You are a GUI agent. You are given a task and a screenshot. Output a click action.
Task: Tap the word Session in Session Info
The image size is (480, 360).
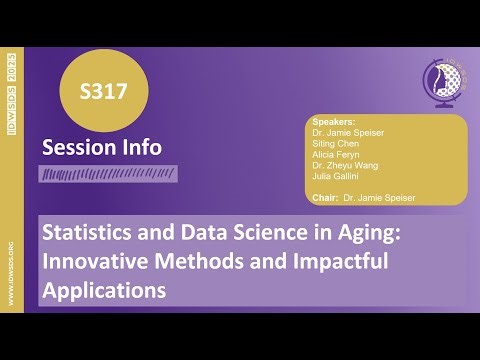click(75, 148)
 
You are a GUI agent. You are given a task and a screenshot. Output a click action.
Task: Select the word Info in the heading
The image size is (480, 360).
click(139, 148)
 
